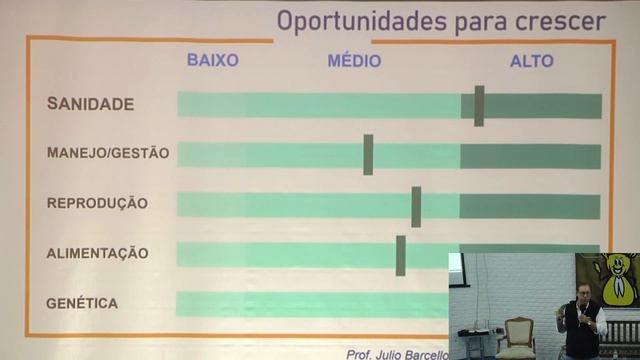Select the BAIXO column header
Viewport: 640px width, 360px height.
click(x=213, y=60)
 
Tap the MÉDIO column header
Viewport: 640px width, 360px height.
click(x=354, y=60)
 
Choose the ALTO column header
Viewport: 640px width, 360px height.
click(x=531, y=60)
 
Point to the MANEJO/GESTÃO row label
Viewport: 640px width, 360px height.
click(x=108, y=154)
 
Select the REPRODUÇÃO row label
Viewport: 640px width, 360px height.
click(x=97, y=203)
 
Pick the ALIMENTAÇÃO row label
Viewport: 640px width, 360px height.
click(x=97, y=253)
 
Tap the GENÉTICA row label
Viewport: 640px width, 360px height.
click(x=82, y=303)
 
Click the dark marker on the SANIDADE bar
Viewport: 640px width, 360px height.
click(x=479, y=105)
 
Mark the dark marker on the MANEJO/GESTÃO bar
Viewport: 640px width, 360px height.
click(x=368, y=154)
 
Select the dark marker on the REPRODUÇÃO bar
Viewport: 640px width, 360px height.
click(x=416, y=206)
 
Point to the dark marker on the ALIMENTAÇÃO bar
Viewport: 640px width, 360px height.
click(x=400, y=255)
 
